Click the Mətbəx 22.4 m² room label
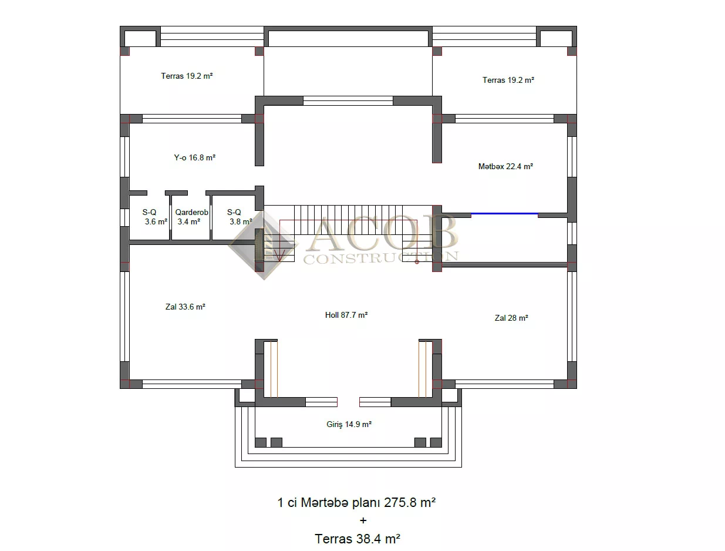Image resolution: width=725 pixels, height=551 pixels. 505,166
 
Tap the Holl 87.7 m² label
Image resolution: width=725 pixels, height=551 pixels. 346,315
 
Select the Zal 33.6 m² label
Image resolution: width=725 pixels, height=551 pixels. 186,307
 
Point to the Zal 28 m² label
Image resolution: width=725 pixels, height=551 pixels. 511,318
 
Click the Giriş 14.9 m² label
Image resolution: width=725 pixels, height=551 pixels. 349,424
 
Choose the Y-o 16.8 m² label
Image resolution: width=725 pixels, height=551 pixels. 194,157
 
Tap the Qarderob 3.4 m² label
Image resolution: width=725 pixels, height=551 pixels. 191,217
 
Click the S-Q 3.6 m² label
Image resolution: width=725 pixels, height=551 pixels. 154,217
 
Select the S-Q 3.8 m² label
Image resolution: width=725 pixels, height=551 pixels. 240,217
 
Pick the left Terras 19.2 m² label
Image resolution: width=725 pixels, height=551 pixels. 187,76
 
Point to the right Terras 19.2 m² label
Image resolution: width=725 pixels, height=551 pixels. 508,80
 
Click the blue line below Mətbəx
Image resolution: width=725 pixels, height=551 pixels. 504,214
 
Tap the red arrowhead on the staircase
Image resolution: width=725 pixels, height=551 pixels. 280,256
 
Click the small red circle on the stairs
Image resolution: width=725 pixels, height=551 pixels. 417,262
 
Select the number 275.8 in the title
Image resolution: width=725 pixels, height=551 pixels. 400,503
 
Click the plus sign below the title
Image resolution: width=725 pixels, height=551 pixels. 363,520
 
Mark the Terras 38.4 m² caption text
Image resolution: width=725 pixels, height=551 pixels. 358,539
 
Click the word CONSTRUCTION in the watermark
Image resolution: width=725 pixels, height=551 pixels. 380,257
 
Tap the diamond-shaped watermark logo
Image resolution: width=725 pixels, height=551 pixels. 263,246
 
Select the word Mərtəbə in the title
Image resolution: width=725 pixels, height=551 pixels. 325,503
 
